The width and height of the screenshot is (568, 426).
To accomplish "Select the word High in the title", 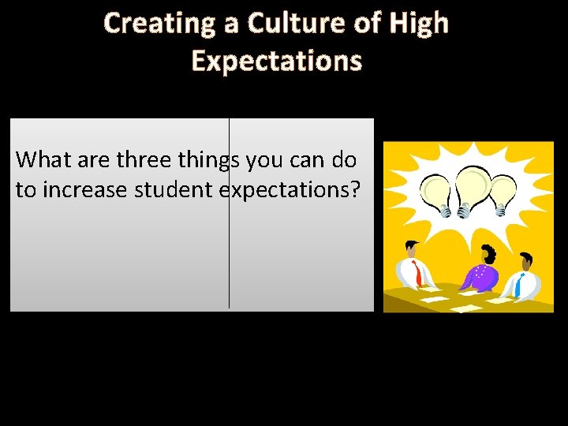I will (x=418, y=24).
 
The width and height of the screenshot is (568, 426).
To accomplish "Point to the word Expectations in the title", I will (x=277, y=61).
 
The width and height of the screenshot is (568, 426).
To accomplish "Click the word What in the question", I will (x=41, y=160).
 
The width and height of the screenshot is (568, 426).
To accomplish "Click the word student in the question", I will (x=177, y=189).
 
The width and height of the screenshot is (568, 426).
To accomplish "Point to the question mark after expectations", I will (x=353, y=189).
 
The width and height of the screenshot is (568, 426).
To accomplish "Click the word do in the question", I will (x=344, y=160).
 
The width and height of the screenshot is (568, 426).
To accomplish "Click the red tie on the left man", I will (x=417, y=275).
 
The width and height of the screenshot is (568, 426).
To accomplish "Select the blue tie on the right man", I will (x=520, y=284).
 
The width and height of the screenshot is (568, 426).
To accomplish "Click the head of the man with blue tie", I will (x=526, y=262).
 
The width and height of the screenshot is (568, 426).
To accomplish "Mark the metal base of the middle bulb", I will (x=464, y=210).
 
